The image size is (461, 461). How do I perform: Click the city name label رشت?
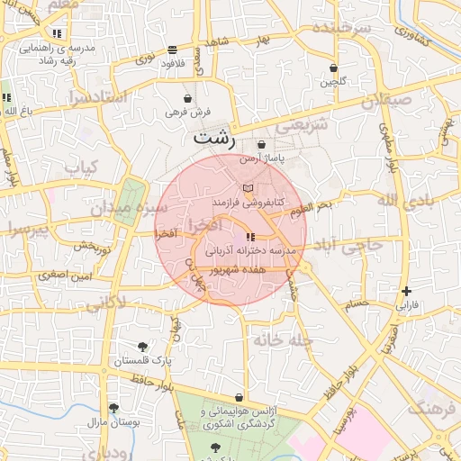pos(214,140)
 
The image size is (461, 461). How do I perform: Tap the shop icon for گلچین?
pos(334,68)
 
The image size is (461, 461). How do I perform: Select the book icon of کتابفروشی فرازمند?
pos(249,188)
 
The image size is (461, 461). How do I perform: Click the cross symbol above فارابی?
pos(407,291)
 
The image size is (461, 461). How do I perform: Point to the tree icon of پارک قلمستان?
pos(142,347)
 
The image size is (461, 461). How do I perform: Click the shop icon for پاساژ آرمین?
pos(261,144)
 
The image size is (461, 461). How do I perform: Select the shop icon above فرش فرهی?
pos(187,98)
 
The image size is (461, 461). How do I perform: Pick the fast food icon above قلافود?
pos(172,50)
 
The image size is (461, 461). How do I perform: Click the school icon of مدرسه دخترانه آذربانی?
pos(249,237)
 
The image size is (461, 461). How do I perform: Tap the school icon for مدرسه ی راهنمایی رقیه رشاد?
pos(57,33)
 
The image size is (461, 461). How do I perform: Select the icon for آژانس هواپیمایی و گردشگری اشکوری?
pos(239,397)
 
